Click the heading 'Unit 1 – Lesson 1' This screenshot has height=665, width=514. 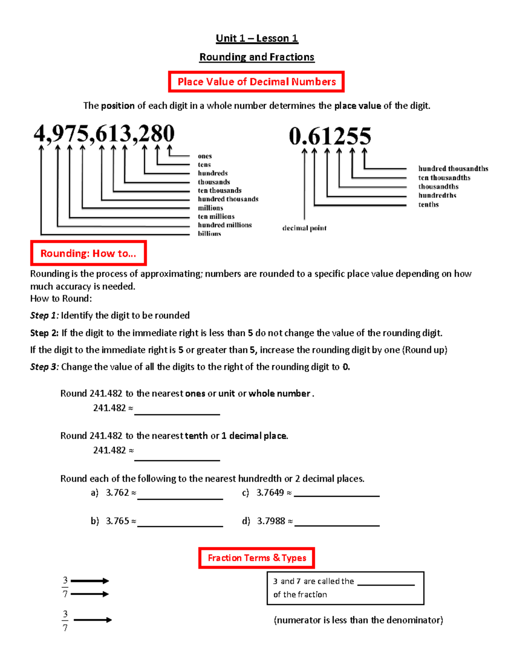(257, 39)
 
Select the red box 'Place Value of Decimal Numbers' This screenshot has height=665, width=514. (257, 82)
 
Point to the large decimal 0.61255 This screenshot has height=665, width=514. (330, 136)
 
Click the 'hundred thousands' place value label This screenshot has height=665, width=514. (228, 199)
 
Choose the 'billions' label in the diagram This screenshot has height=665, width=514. (209, 233)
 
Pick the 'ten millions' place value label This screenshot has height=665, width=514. (216, 216)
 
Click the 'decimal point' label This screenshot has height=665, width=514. (304, 228)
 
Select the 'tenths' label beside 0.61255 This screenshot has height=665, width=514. (428, 205)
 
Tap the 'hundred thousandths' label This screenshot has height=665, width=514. (453, 169)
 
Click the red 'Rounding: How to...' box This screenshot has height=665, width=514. (88, 253)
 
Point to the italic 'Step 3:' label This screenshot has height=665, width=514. (45, 367)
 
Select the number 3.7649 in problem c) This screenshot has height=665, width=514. (270, 493)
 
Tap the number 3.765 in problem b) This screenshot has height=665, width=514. (117, 521)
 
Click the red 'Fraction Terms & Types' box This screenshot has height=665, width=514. (257, 558)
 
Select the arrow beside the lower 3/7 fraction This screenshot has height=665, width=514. (93, 620)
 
